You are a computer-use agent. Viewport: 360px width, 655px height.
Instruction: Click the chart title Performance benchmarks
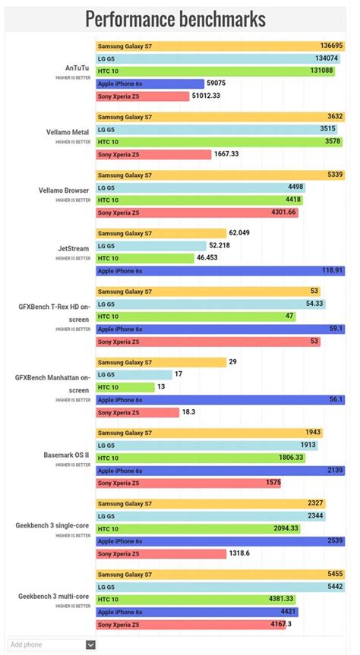[175, 19]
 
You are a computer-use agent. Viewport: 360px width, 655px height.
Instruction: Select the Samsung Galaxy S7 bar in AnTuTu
[220, 46]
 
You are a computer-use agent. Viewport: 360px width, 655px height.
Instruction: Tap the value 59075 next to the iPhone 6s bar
[216, 83]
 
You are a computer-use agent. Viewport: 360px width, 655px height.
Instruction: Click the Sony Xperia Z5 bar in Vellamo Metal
[153, 155]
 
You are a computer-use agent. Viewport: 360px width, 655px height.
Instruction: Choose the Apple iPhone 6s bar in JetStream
[220, 271]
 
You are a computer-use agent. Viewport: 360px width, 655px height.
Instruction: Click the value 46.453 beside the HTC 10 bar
[207, 258]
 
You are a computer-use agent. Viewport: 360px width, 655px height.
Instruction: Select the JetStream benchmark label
[74, 248]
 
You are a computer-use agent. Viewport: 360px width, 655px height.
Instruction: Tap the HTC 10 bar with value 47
[196, 316]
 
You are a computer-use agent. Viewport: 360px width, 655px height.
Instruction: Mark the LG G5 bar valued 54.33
[210, 304]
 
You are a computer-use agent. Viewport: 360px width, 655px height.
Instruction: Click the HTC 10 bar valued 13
[125, 387]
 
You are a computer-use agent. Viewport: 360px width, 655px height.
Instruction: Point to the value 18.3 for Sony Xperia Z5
[188, 412]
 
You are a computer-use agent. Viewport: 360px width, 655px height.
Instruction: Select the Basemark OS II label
[67, 455]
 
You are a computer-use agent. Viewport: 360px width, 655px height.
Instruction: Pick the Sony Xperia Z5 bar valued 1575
[188, 483]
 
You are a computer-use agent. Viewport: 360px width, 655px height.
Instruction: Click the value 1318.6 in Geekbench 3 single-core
[239, 554]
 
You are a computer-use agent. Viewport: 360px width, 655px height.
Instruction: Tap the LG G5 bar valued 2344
[210, 516]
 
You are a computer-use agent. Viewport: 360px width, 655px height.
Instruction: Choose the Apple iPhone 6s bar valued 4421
[197, 612]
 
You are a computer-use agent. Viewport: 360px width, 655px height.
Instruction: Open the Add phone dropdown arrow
[90, 644]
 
